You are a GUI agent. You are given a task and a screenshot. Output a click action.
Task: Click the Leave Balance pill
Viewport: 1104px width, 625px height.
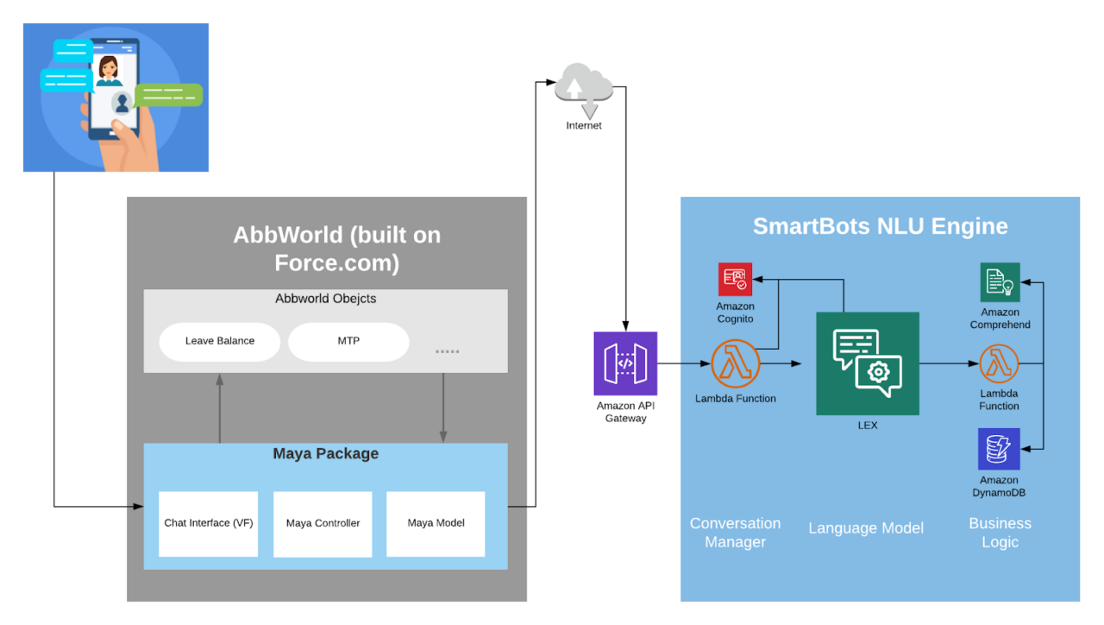[x=219, y=341]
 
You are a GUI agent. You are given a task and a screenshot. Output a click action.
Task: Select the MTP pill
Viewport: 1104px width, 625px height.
[x=348, y=341]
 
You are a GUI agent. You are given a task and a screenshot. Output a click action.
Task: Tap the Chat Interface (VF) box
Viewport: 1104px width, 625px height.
[x=209, y=523]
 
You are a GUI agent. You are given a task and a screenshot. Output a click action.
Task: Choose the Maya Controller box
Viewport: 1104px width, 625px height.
[x=323, y=523]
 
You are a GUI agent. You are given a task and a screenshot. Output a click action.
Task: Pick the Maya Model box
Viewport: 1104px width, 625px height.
[x=436, y=523]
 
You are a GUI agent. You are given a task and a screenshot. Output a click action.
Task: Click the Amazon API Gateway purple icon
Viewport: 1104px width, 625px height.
[x=625, y=363]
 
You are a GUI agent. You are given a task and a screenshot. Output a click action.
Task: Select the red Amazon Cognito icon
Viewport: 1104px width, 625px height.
[x=735, y=279]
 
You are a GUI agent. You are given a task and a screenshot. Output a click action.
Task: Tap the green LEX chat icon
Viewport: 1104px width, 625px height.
[x=867, y=363]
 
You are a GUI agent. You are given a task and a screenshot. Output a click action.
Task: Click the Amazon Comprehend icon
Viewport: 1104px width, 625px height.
[x=1000, y=282]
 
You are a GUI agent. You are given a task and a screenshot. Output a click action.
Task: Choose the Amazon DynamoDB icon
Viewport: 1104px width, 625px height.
[x=999, y=449]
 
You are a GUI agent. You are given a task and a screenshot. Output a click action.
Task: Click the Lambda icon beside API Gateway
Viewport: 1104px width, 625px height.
[x=735, y=363]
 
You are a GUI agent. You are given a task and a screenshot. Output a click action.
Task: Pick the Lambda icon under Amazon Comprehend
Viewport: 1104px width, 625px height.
[x=999, y=363]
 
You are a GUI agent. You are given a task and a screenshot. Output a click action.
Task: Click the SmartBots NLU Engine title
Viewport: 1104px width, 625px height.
[x=880, y=226]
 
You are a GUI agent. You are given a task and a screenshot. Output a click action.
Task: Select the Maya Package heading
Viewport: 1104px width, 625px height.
[x=325, y=454]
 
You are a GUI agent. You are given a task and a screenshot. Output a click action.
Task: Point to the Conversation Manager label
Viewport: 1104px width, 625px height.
[x=735, y=533]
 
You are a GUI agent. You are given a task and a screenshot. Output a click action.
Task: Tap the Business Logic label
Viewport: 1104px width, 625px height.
[x=1000, y=533]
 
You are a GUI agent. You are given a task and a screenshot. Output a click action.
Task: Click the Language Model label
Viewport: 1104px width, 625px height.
[x=866, y=528]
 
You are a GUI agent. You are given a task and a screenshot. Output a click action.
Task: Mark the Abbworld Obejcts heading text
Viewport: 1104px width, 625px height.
[x=325, y=299]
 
